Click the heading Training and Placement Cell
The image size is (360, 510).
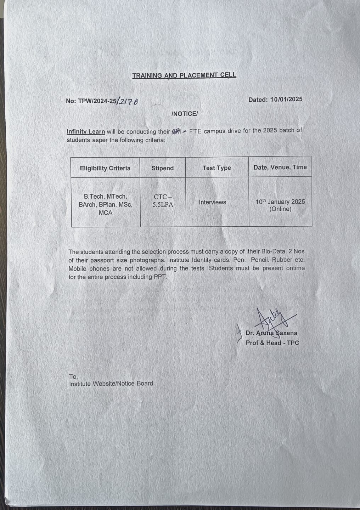[184, 75]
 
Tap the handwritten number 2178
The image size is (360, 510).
[128, 101]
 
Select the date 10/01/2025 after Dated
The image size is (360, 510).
[286, 99]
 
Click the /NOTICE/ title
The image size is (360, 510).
[184, 114]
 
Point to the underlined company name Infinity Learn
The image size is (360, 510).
[86, 131]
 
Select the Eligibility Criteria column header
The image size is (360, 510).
[105, 168]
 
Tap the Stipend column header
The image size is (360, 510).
[162, 168]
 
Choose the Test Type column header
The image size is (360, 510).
[216, 168]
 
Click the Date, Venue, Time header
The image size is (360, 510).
[280, 167]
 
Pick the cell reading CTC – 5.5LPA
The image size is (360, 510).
[163, 201]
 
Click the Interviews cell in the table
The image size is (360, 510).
[212, 202]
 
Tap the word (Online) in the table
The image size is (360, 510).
[280, 209]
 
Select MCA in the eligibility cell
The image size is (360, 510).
[106, 213]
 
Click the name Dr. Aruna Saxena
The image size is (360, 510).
[271, 333]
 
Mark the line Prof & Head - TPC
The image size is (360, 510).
[272, 343]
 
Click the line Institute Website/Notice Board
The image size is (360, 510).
[111, 384]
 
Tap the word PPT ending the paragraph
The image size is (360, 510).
[160, 277]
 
